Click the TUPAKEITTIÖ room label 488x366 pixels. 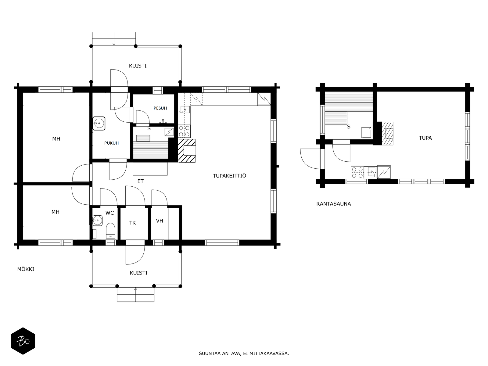point(229,176)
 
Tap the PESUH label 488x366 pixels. point(160,108)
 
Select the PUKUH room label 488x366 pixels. point(111,143)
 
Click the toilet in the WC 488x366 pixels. point(110,230)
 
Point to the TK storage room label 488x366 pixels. point(132,223)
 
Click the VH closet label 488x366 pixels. point(160,221)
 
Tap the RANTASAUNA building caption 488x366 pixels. point(333,204)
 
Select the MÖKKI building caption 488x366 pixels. point(26,269)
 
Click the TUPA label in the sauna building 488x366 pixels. point(425,138)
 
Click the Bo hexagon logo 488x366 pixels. point(23,341)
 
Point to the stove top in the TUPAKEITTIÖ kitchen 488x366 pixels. point(184,131)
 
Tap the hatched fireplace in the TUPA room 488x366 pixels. point(387,133)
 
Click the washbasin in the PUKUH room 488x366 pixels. point(99,123)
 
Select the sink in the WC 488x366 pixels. point(97,221)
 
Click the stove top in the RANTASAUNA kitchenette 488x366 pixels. point(357,172)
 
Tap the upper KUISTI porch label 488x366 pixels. point(138,66)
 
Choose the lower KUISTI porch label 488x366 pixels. point(138,273)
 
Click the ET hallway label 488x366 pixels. point(140,181)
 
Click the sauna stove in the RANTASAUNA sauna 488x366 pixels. point(366,132)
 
